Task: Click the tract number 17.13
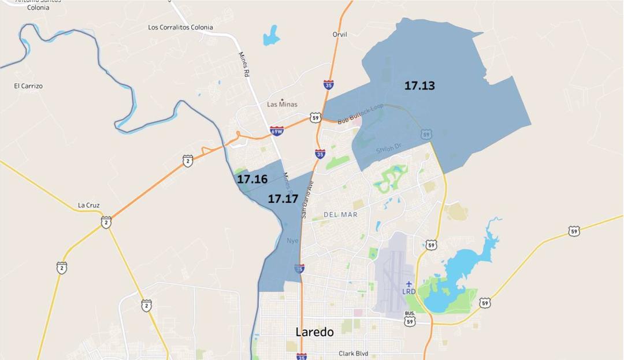419,86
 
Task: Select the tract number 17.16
252,179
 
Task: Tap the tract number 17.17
283,199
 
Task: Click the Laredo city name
314,332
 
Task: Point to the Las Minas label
282,105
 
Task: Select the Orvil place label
340,35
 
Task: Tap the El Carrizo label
28,86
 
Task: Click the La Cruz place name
89,205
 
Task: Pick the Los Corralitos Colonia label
180,27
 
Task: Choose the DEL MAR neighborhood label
340,214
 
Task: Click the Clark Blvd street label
353,354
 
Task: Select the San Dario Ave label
306,198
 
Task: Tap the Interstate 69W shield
277,131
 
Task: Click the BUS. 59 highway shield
410,318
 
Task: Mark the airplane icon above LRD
409,284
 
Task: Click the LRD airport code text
409,292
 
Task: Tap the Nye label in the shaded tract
292,240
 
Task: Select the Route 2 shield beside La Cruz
106,222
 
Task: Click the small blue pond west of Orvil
271,36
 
